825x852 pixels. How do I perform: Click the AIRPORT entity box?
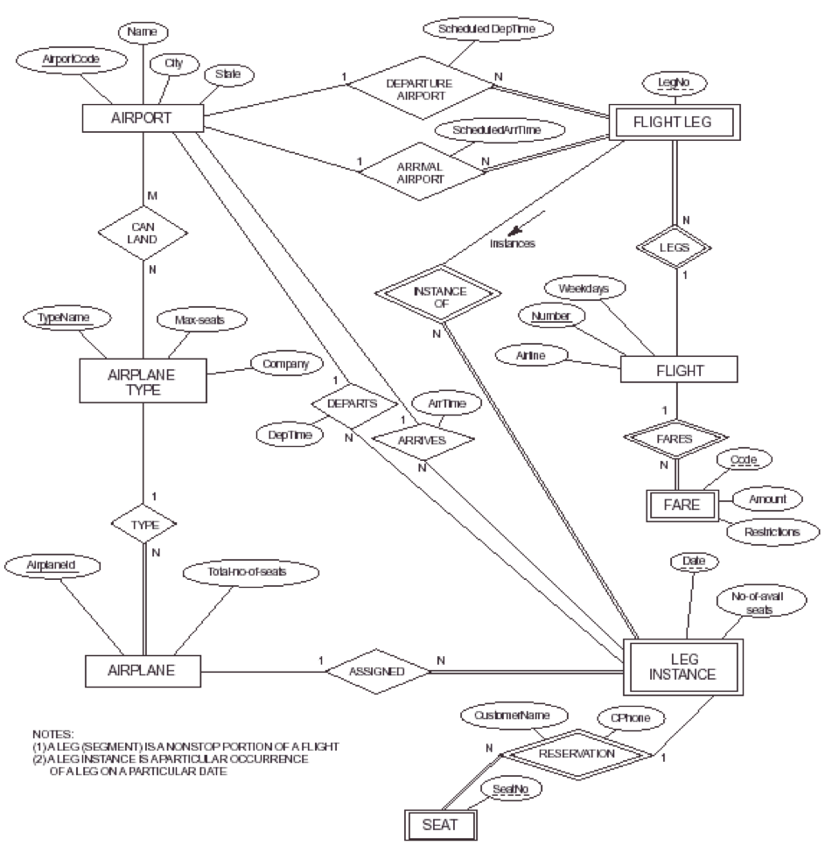coord(143,118)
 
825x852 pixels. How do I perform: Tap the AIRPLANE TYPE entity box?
coord(142,382)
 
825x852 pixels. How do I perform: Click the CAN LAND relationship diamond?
coord(143,234)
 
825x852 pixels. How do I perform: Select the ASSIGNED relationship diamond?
coord(378,672)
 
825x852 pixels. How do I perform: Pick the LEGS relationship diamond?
coord(675,248)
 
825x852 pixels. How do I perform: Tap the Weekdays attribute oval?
coord(584,287)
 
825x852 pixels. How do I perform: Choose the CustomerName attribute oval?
coord(513,715)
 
